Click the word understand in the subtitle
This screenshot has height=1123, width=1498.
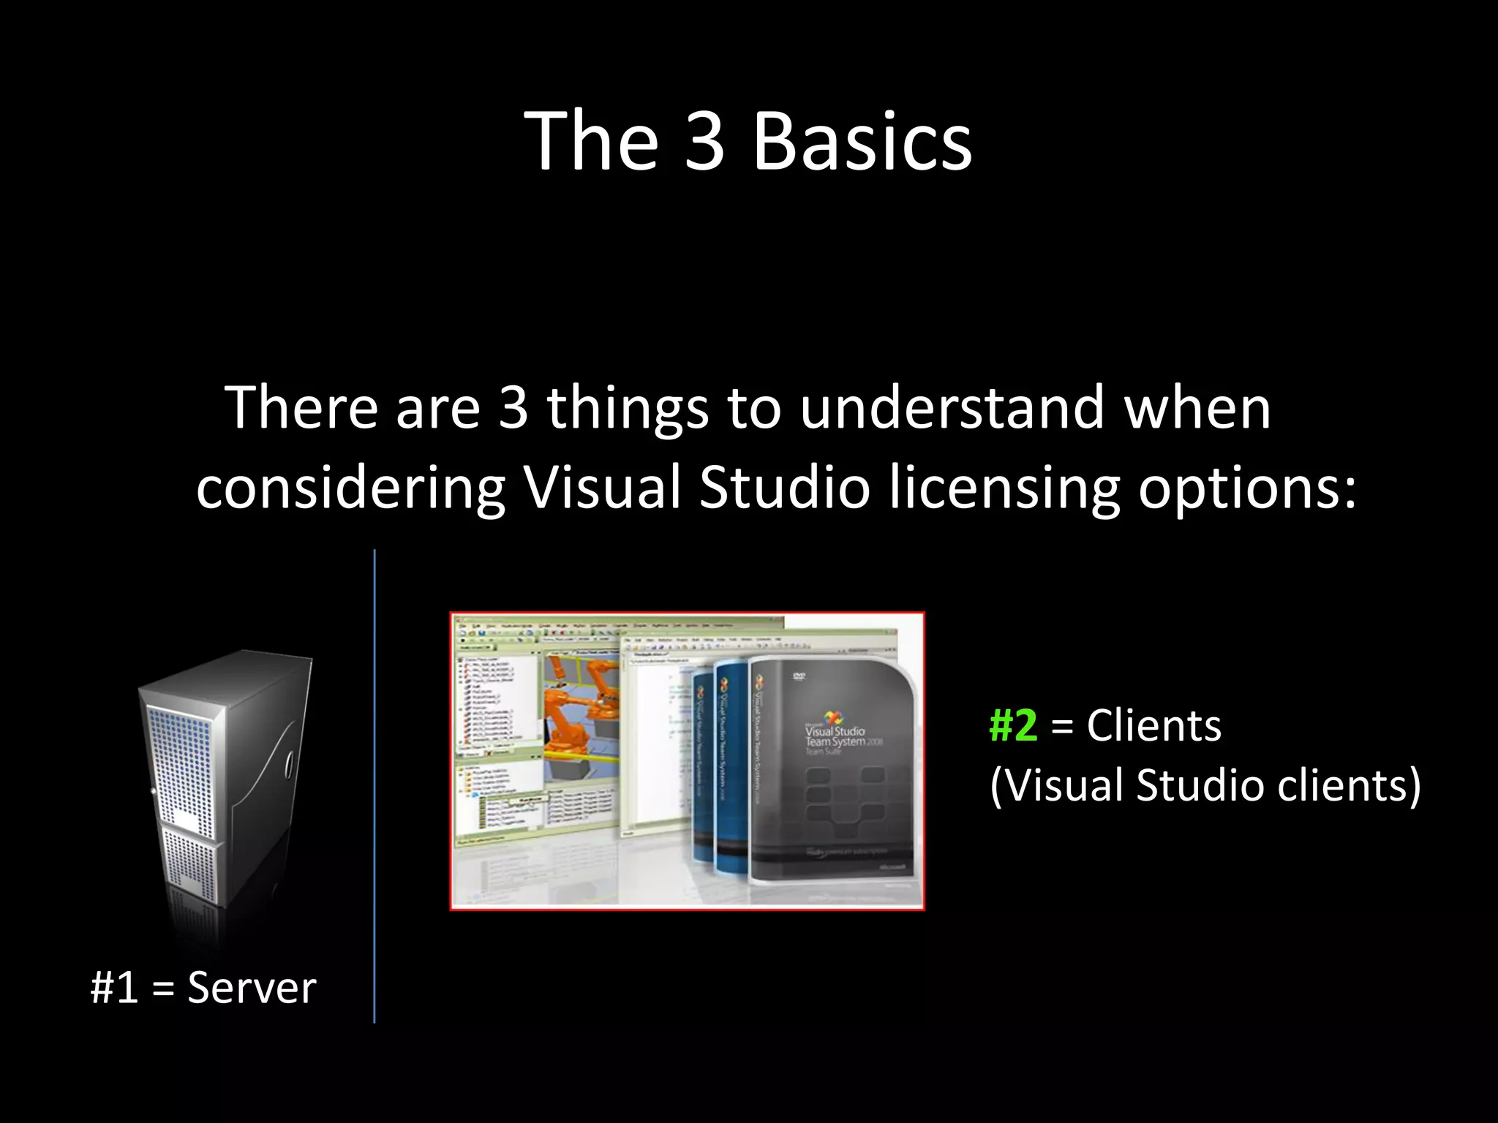tap(952, 407)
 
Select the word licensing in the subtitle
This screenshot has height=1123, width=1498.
tap(1004, 488)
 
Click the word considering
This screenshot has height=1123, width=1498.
tap(350, 488)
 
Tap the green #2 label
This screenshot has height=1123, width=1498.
tap(1013, 725)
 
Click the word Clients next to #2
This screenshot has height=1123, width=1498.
tap(1153, 725)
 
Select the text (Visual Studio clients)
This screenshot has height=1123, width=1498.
tap(1205, 785)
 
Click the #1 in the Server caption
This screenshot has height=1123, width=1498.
tap(114, 988)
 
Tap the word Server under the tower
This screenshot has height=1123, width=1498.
tap(252, 988)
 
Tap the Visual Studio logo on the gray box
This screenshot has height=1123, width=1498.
tap(833, 719)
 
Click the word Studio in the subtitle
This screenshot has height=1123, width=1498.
tap(784, 488)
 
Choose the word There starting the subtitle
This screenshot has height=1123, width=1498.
tap(301, 407)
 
